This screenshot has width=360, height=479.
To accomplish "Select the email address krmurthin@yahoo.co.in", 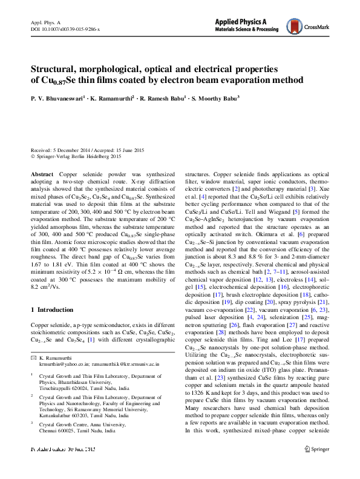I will coord(65,364).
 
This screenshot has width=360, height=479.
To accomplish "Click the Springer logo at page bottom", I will coord(318,465).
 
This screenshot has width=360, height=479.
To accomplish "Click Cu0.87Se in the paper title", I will coord(55,81).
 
